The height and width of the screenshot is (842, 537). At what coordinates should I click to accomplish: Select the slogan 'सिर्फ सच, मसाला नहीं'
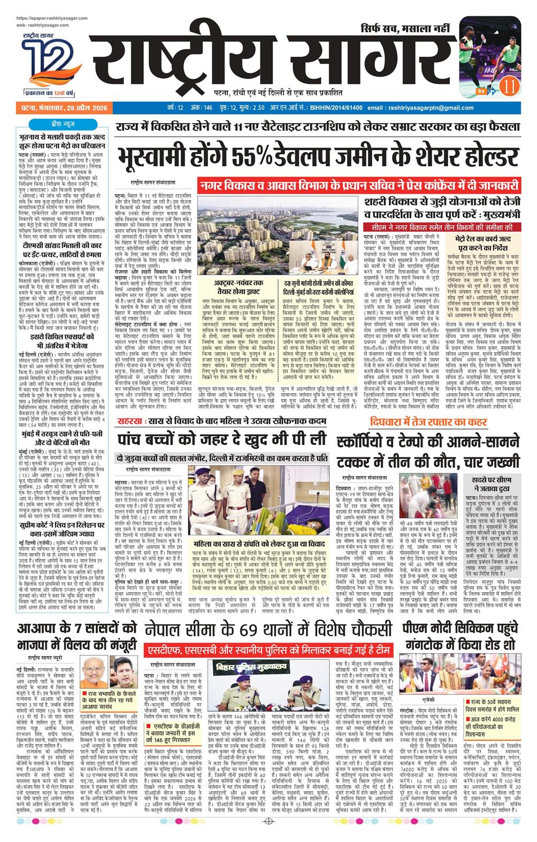(x=403, y=27)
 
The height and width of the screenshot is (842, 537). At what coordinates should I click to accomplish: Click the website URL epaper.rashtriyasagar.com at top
(x=53, y=18)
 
